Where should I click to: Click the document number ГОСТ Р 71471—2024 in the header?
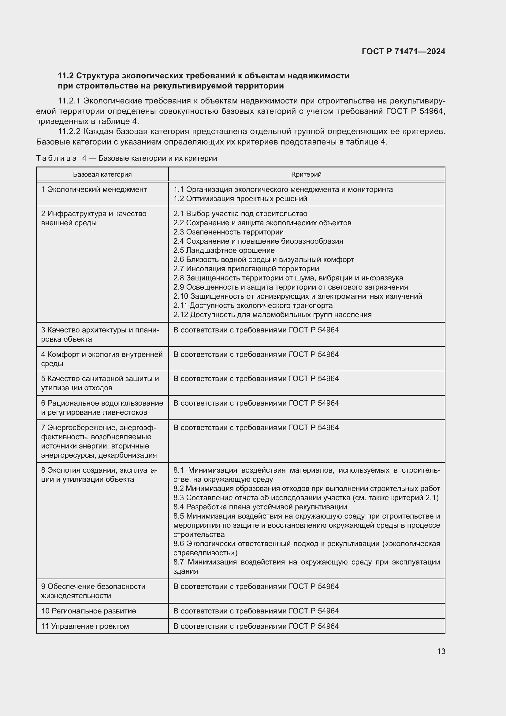tap(403, 51)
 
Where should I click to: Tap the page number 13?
tap(441, 651)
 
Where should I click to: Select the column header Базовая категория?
tap(102, 174)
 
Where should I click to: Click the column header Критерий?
tap(307, 174)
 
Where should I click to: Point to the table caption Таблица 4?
tap(56, 159)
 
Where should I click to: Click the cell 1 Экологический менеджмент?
tap(94, 189)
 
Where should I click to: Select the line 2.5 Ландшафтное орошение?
tap(224, 250)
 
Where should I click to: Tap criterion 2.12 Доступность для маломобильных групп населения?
tap(272, 315)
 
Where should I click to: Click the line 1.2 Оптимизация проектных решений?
tap(240, 199)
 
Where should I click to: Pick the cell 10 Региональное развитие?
tap(89, 611)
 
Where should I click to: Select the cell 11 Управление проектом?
tap(85, 626)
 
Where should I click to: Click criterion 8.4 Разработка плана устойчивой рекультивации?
tap(260, 507)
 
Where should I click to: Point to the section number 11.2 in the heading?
tap(65, 76)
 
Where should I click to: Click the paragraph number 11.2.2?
tap(69, 132)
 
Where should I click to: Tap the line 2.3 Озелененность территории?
tap(229, 232)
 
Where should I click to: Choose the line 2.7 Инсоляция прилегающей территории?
tap(246, 269)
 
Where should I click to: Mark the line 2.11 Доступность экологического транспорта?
tap(253, 306)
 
